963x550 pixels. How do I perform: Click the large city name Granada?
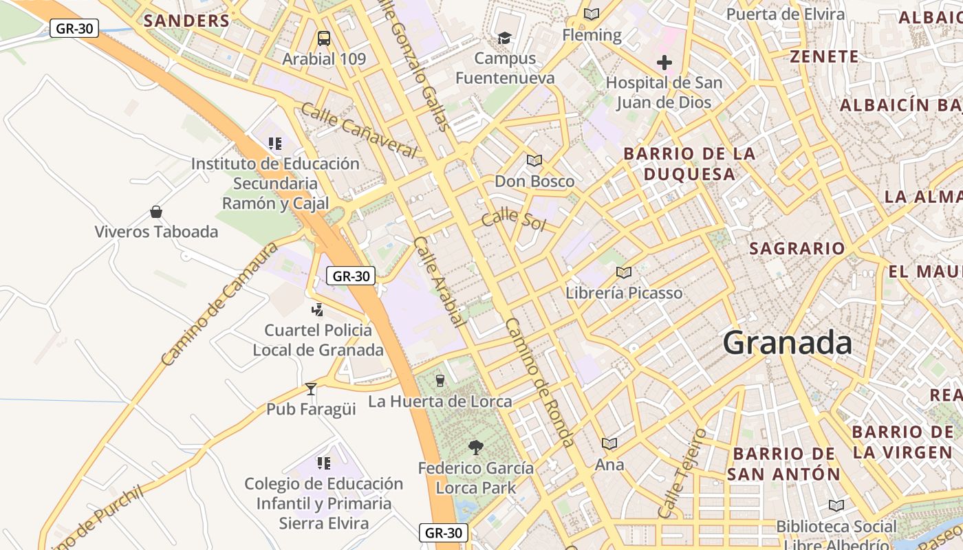(788, 342)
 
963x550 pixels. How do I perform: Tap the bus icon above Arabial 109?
(324, 38)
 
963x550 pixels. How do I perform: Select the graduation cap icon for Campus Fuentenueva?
(505, 37)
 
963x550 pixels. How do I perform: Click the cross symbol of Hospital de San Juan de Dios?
(664, 63)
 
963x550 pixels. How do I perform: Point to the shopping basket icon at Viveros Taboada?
(156, 211)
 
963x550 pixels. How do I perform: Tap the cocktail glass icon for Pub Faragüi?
(311, 389)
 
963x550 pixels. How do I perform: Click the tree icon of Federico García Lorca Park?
(475, 448)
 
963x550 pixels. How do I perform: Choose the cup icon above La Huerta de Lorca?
(440, 379)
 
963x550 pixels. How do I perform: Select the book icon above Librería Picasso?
(624, 272)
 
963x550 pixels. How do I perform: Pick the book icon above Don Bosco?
(534, 161)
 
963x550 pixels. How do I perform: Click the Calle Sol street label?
(513, 220)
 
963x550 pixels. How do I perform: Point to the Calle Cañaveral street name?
(359, 130)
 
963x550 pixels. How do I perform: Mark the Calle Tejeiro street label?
(682, 473)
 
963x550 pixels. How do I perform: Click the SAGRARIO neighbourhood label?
(797, 248)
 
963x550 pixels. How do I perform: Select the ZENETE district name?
(824, 56)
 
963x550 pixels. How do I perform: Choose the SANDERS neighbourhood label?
(186, 21)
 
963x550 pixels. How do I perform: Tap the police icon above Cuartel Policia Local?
(317, 310)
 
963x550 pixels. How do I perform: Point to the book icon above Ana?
(609, 443)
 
